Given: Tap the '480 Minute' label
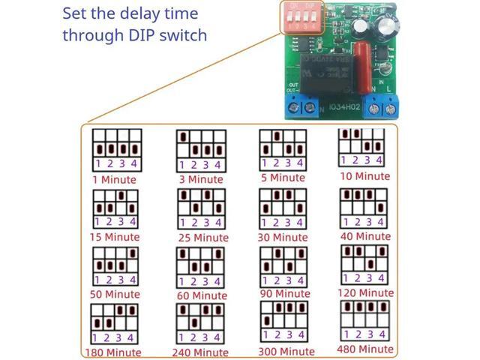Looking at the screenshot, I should click(x=365, y=349).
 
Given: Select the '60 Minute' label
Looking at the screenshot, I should click(x=200, y=295).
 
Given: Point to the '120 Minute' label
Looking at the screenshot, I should click(x=365, y=293).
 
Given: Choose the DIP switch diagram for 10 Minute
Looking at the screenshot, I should click(x=363, y=148).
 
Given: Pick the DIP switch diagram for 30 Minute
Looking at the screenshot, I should click(x=282, y=207).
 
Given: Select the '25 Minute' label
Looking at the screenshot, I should click(x=200, y=237).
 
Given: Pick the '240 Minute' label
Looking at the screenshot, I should click(x=200, y=352).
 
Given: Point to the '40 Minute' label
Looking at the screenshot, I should click(x=365, y=236).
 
